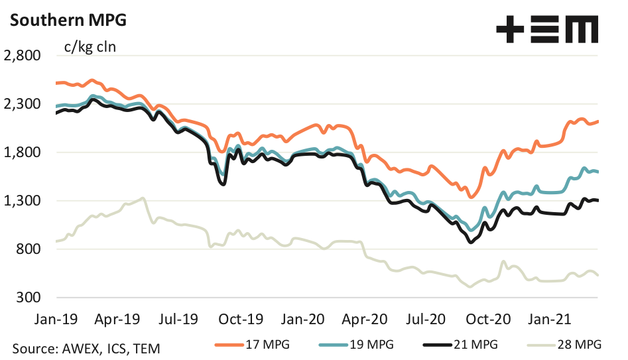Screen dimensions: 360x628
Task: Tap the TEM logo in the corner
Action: coord(548,30)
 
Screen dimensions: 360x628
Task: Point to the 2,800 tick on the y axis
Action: coord(23,56)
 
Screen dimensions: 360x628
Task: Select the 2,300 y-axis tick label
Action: coord(23,104)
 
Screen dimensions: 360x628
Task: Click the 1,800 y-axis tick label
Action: coord(23,152)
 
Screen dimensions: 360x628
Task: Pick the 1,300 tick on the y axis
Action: coord(23,201)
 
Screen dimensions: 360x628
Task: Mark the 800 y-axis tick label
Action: coord(28,249)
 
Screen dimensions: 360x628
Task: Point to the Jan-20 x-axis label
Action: coord(304,319)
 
